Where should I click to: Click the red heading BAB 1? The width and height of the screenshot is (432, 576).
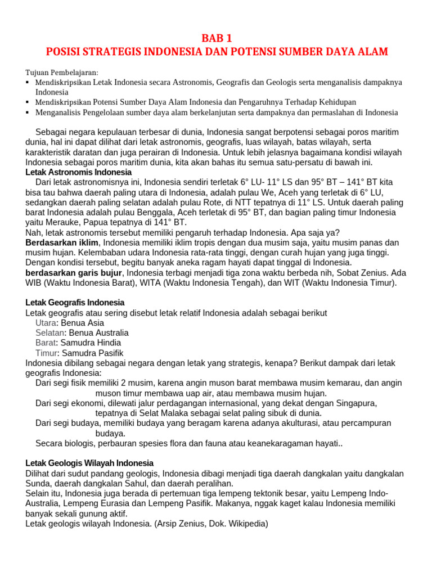(x=216, y=38)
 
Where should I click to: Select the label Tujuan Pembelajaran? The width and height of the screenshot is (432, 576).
(x=62, y=73)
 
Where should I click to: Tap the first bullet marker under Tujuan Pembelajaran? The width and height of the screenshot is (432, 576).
(x=28, y=83)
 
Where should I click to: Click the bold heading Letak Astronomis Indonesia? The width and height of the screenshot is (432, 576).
(x=79, y=172)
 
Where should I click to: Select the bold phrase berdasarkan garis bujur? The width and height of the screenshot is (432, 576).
(x=74, y=273)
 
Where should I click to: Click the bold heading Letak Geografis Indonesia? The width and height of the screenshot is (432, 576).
(x=75, y=303)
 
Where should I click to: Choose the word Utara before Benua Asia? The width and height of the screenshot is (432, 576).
(x=46, y=323)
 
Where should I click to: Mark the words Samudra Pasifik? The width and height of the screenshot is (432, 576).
(x=92, y=353)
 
